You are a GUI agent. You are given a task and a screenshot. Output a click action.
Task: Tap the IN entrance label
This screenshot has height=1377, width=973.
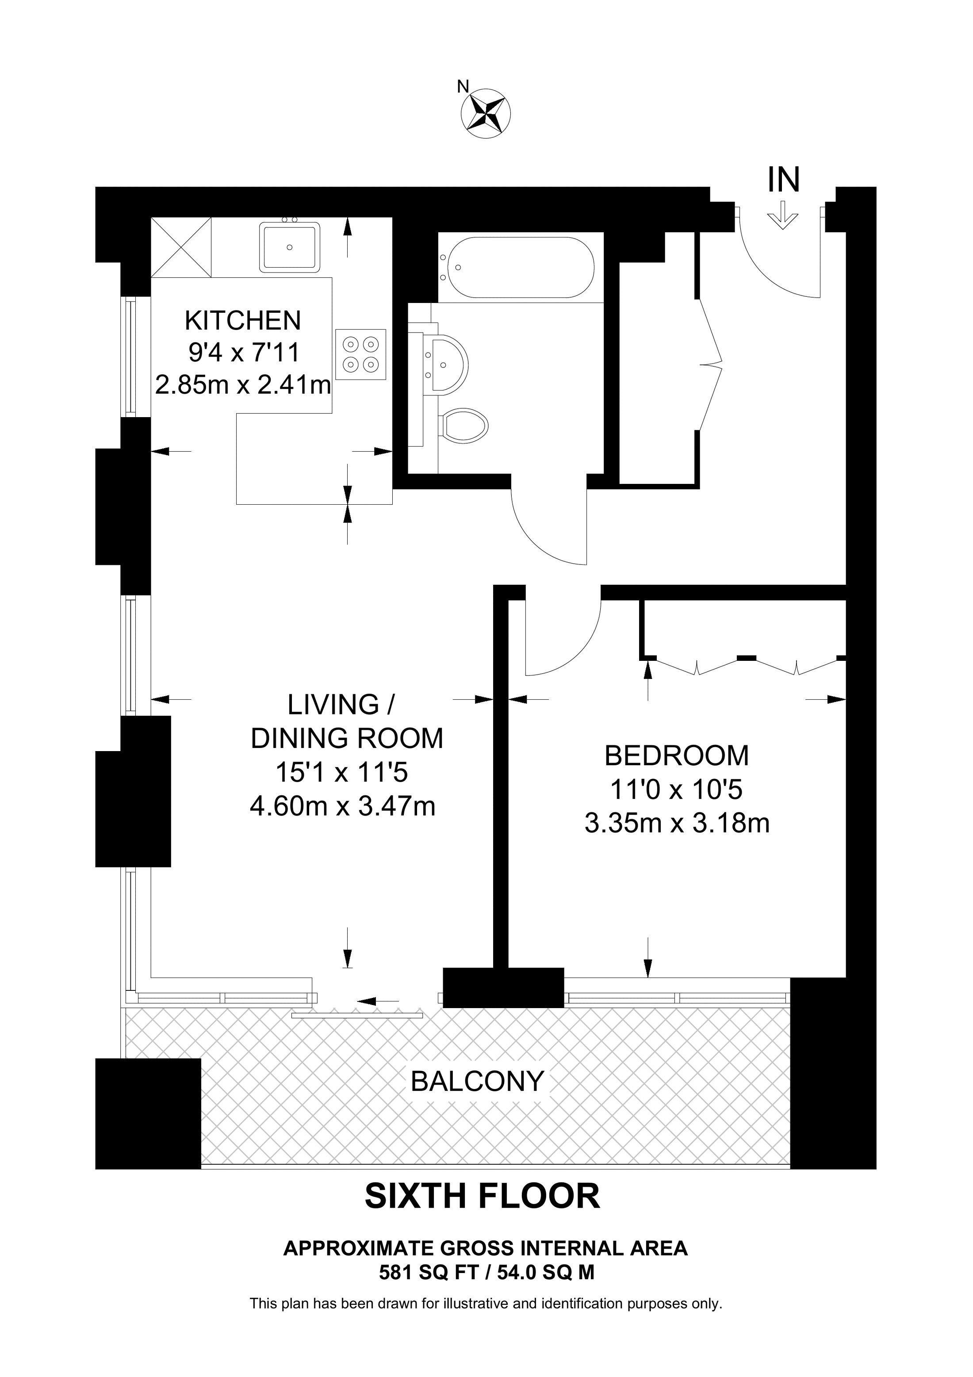(784, 179)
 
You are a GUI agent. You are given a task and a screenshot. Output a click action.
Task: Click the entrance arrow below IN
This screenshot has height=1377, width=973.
(784, 215)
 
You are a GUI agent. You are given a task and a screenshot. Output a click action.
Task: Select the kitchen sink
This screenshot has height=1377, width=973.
(290, 246)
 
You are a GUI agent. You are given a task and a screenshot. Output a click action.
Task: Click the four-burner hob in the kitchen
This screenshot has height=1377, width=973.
(361, 354)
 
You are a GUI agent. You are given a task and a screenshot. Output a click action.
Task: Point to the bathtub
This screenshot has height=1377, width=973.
(516, 268)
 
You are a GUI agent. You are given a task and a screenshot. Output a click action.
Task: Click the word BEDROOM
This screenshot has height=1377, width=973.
(677, 755)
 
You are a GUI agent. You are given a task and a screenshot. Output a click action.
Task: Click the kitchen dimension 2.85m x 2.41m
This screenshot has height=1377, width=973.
(243, 384)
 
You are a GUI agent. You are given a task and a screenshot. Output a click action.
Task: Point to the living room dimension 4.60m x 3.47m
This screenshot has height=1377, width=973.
(342, 805)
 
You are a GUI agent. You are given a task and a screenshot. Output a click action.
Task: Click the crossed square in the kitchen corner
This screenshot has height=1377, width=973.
(181, 247)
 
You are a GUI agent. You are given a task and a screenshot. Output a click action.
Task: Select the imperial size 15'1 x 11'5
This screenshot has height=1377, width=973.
(342, 772)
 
